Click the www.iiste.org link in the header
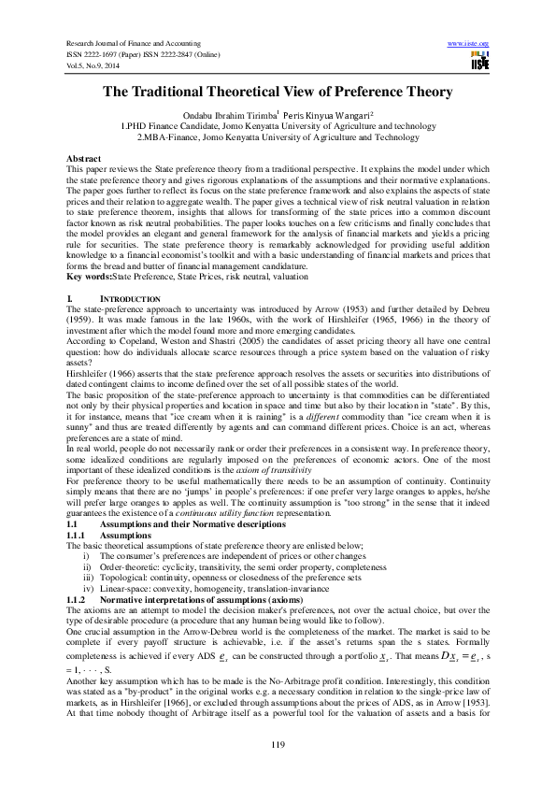469,44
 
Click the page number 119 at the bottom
278,743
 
